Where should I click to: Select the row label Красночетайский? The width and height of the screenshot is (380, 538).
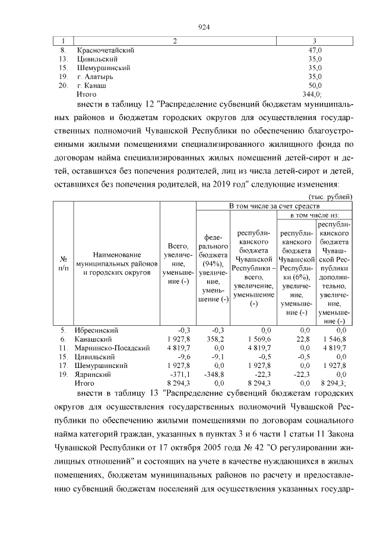tap(105, 51)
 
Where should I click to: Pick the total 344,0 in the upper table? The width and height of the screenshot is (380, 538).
tap(312, 95)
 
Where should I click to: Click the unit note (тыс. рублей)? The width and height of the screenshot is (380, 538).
tap(331, 196)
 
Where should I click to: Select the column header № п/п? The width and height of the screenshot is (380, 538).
tap(63, 263)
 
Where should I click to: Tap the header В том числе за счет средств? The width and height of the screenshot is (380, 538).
tap(274, 205)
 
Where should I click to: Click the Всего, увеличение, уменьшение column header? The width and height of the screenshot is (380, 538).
tap(178, 263)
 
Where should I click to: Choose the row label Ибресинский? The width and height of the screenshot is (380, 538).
tap(97, 330)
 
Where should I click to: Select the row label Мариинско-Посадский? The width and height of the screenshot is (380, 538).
tap(110, 347)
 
